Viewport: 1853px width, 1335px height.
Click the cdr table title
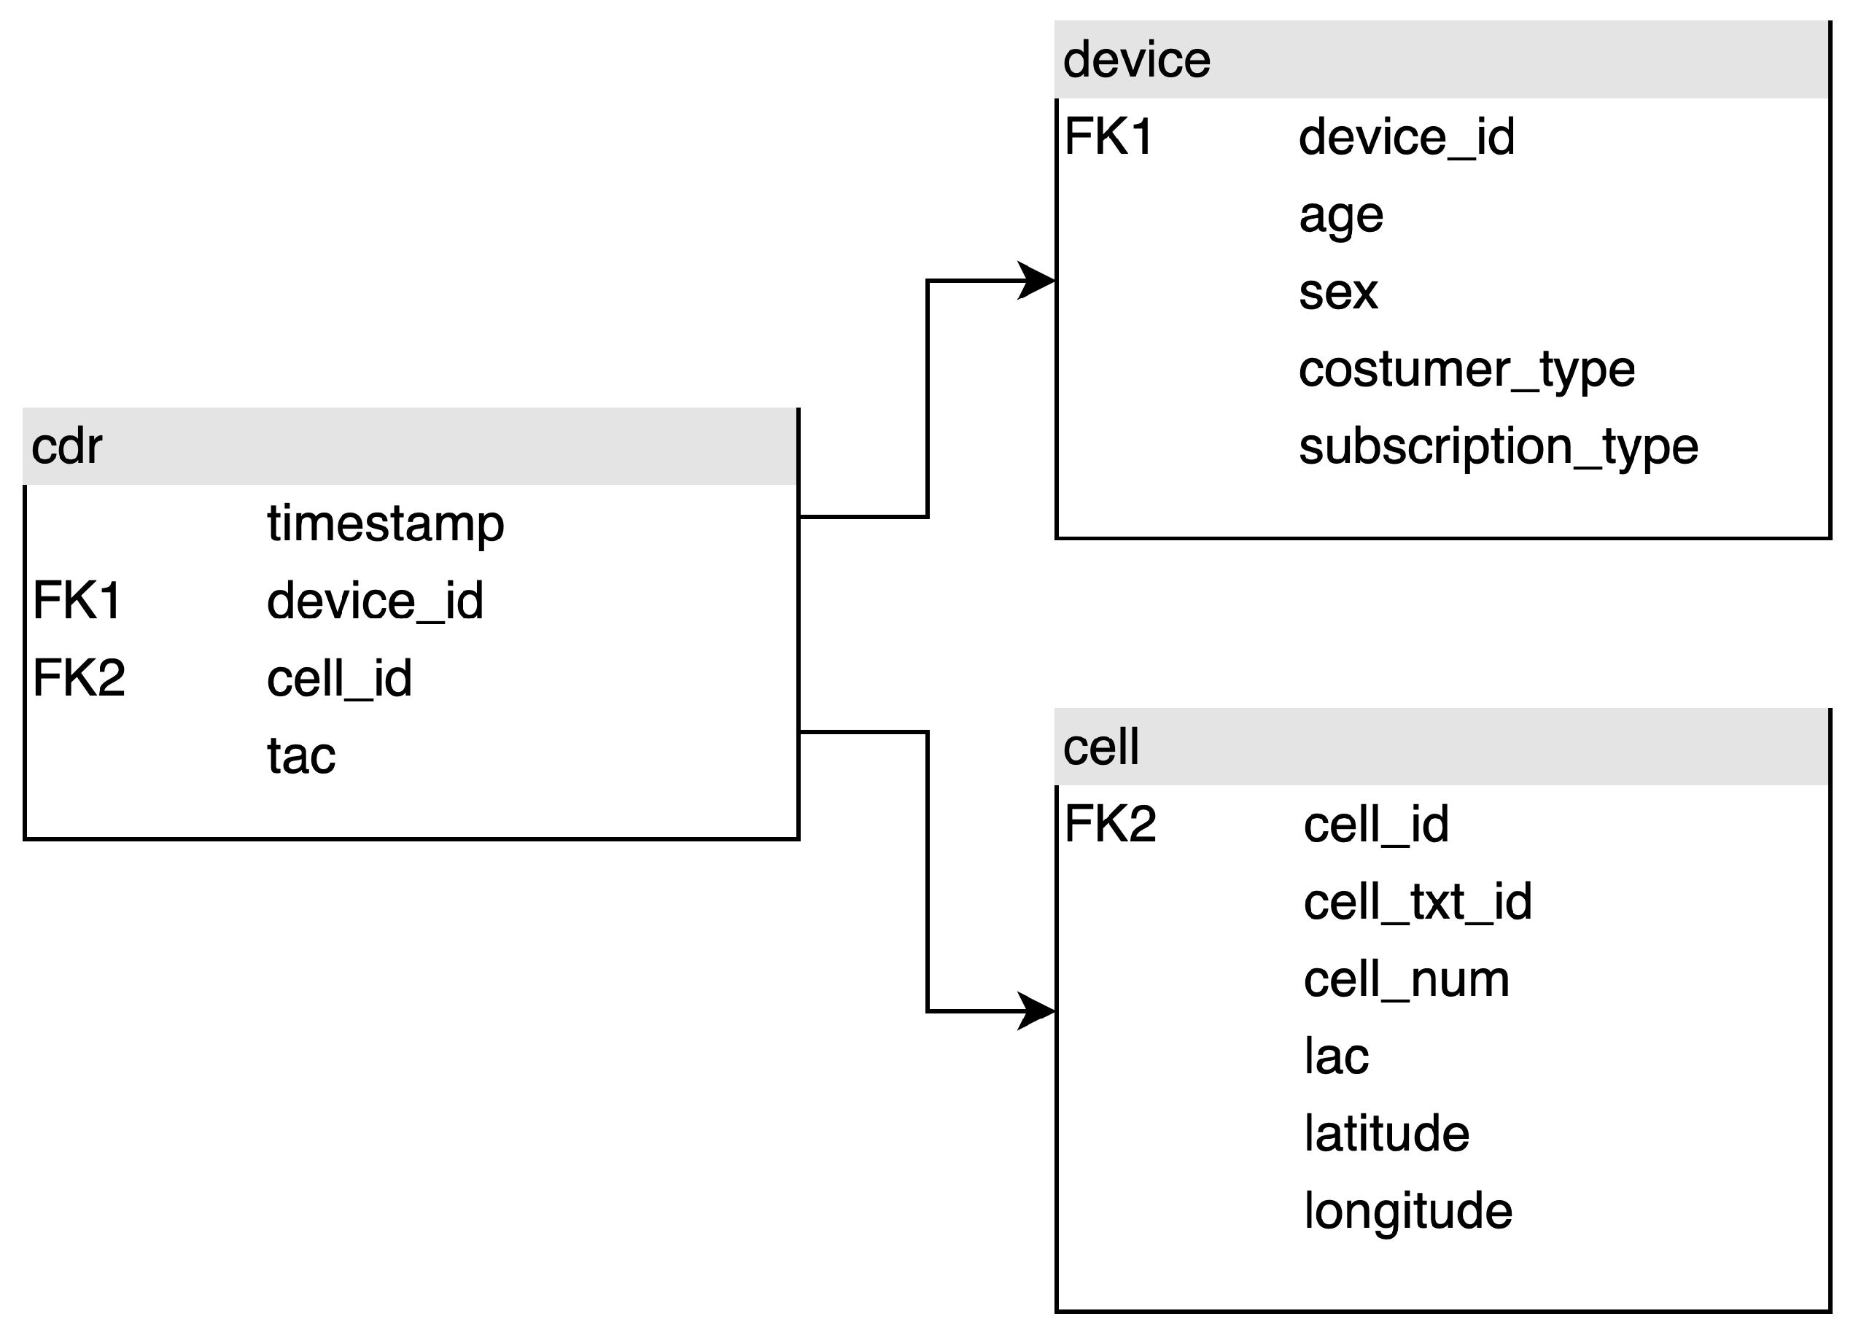(67, 447)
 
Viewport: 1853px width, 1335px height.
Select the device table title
(1136, 61)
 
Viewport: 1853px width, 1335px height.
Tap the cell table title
(1100, 747)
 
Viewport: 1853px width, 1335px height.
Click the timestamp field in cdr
(385, 523)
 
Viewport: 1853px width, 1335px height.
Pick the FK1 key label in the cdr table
(77, 601)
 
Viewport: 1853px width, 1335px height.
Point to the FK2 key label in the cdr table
(79, 677)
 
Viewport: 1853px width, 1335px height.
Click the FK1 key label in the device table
(1108, 136)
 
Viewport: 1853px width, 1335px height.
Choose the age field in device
(1341, 217)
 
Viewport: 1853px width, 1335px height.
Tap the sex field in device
(1338, 292)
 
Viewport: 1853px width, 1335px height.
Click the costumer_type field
(1467, 369)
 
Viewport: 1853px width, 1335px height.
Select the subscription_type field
(1499, 447)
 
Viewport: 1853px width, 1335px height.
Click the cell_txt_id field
(1418, 902)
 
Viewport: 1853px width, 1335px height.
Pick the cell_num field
(1406, 978)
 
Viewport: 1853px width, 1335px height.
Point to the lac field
(1336, 1056)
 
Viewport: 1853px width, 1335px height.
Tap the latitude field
(1386, 1134)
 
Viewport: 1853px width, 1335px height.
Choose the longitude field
(1407, 1211)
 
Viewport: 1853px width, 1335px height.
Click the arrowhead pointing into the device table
(1038, 281)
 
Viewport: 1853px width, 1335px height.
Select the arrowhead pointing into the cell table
(1038, 1011)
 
